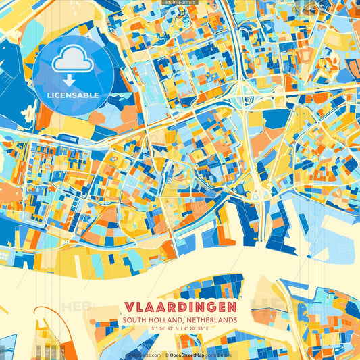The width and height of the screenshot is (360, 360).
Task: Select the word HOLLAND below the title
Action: [x=165, y=319]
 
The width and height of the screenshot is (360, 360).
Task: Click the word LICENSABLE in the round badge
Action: [x=73, y=95]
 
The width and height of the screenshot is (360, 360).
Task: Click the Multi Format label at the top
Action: [x=179, y=3]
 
